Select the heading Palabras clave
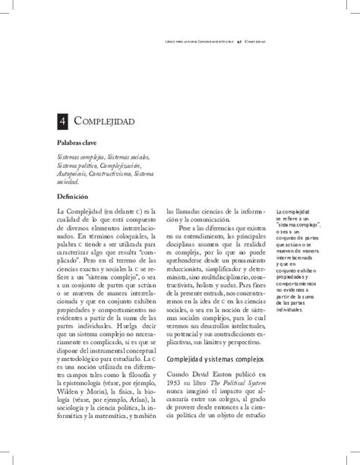click(x=81, y=142)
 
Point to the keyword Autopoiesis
click(x=74, y=174)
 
